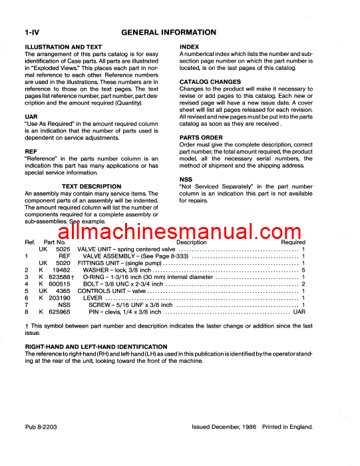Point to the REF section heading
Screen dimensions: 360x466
click(x=31, y=152)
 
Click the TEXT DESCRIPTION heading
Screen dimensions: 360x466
click(x=91, y=187)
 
